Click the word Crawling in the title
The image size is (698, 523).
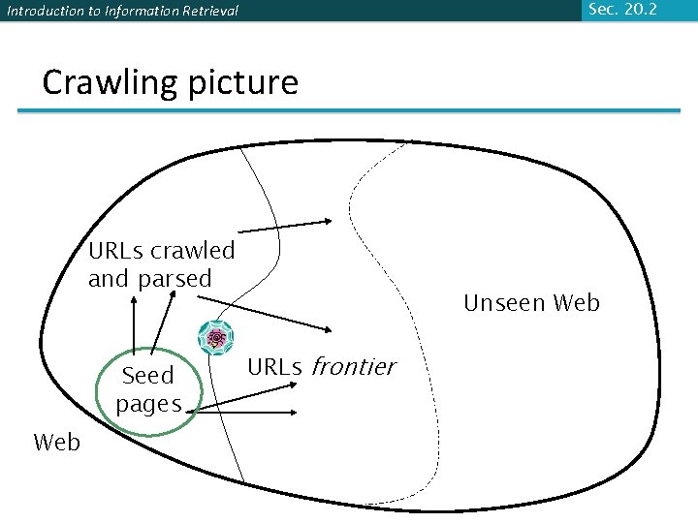pos(107,82)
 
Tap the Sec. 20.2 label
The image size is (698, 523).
pos(622,9)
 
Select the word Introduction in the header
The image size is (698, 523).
pos(44,12)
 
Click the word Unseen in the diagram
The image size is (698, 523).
pos(503,303)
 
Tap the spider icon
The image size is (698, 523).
pos(216,338)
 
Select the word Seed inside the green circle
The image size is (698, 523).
pos(147,376)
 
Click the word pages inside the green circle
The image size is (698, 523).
pos(148,403)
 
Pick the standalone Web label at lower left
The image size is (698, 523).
pos(56,443)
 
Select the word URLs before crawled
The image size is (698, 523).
pos(114,251)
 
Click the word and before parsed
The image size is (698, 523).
pos(110,279)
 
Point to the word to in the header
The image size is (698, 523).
pos(90,12)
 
